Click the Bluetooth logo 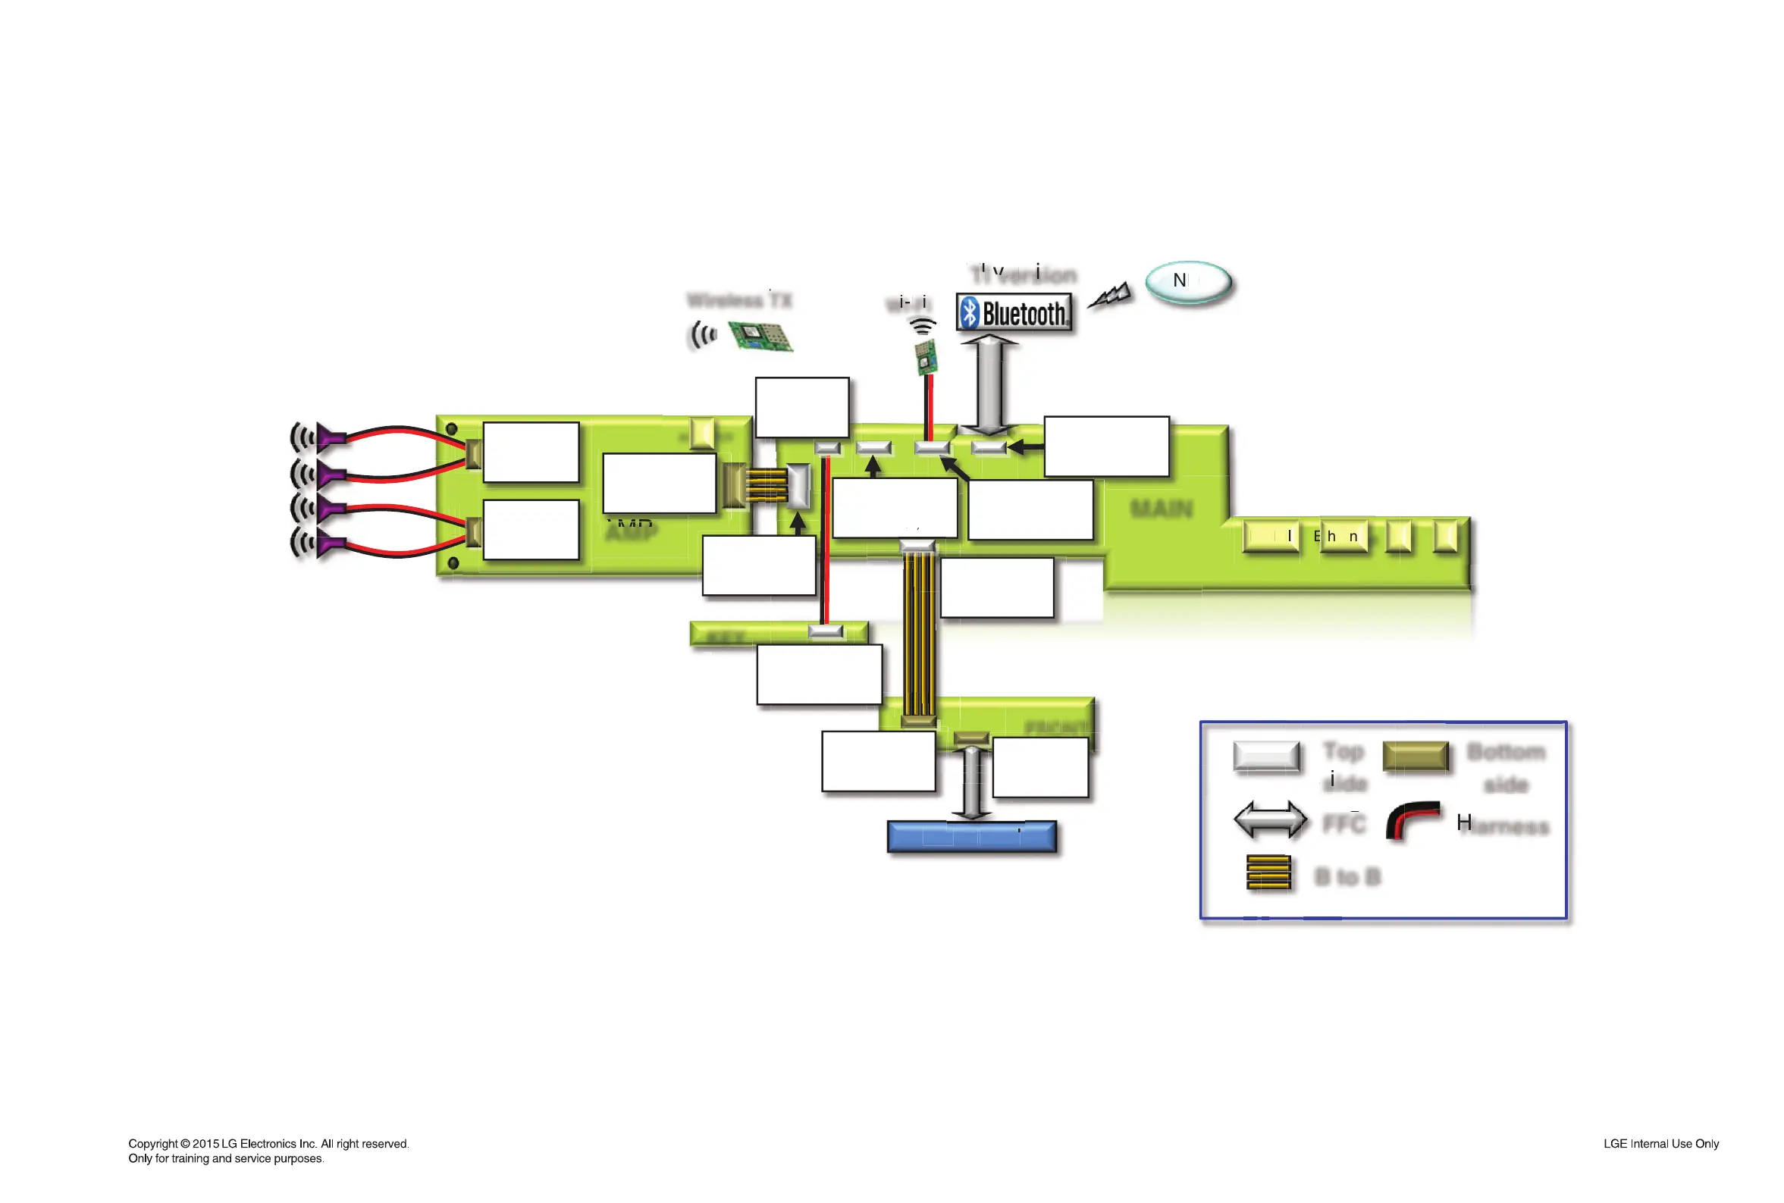1013,312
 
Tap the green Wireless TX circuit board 759,335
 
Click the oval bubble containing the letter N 1188,281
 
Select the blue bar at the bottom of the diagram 970,835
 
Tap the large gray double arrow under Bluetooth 989,384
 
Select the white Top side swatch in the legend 1265,756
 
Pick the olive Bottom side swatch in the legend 1415,756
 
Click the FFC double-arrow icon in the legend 1270,819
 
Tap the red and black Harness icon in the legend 1412,820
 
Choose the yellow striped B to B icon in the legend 1268,872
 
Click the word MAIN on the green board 1161,508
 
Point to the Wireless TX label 739,300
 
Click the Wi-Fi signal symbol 922,326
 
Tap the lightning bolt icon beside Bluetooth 1109,296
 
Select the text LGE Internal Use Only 1660,1143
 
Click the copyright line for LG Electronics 268,1143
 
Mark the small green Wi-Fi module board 926,357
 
